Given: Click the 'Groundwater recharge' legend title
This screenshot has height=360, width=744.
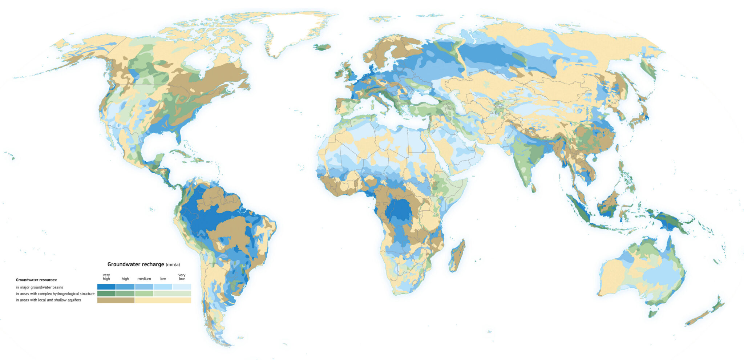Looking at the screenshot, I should pyautogui.click(x=136, y=264).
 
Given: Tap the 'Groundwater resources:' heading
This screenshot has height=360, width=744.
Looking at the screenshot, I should pyautogui.click(x=36, y=280).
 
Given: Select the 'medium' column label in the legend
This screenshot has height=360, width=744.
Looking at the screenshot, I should pyautogui.click(x=144, y=279).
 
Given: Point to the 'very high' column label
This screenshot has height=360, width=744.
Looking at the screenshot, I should pyautogui.click(x=106, y=277).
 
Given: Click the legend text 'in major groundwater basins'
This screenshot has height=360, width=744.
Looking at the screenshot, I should pyautogui.click(x=39, y=287).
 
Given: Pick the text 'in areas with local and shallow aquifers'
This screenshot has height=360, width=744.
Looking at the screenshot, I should pyautogui.click(x=48, y=300).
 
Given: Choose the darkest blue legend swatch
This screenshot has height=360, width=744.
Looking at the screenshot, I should pyautogui.click(x=106, y=287).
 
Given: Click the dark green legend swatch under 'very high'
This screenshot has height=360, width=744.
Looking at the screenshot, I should pyautogui.click(x=106, y=294).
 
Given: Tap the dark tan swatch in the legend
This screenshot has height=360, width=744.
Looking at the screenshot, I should pyautogui.click(x=116, y=300).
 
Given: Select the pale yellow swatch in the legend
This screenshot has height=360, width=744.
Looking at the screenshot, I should pyautogui.click(x=163, y=300).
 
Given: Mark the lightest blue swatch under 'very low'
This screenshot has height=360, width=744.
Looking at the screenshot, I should pyautogui.click(x=182, y=287).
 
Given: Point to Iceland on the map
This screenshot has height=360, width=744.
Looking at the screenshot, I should pyautogui.click(x=323, y=47).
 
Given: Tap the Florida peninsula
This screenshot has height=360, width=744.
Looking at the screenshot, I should pyautogui.click(x=178, y=136).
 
